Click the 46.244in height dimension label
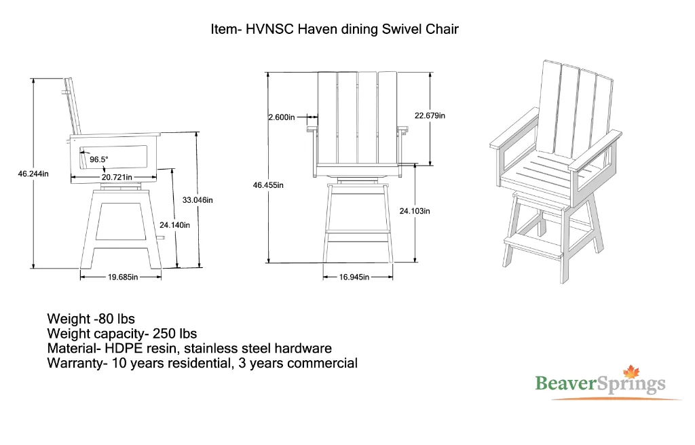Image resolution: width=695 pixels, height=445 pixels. pyautogui.click(x=33, y=174)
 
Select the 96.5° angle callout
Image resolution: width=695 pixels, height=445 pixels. pyautogui.click(x=99, y=159)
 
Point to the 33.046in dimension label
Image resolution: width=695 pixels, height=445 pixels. pyautogui.click(x=198, y=199)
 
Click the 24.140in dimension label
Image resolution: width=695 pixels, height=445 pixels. pyautogui.click(x=174, y=225)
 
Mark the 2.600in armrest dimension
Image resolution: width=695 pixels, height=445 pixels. pyautogui.click(x=282, y=117)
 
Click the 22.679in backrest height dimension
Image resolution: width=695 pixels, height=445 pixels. pyautogui.click(x=430, y=115)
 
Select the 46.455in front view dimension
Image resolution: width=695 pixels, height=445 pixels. pyautogui.click(x=268, y=185)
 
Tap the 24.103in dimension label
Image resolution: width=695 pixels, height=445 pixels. pyautogui.click(x=415, y=211)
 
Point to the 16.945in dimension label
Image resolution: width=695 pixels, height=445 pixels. pyautogui.click(x=354, y=277)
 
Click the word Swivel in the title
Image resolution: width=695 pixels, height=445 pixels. pyautogui.click(x=402, y=29)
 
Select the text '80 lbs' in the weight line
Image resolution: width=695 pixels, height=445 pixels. pyautogui.click(x=116, y=319)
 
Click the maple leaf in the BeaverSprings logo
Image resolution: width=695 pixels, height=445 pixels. pyautogui.click(x=632, y=372)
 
